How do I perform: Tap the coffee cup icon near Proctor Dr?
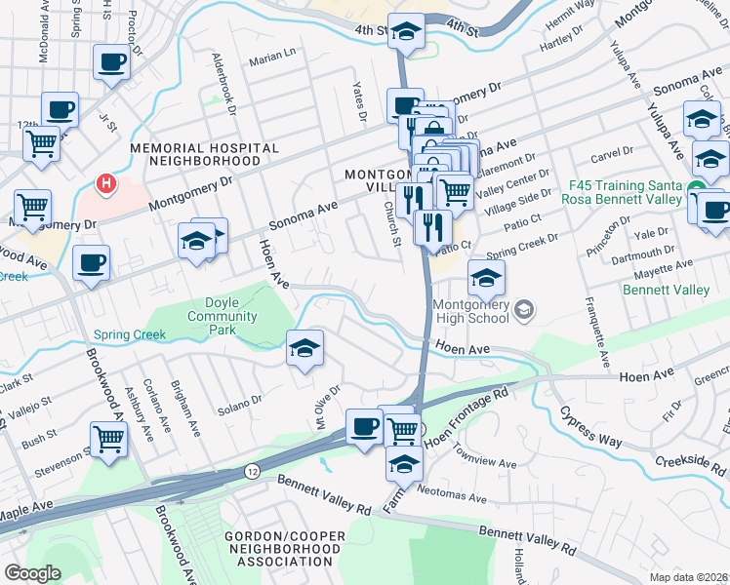tap(110, 63)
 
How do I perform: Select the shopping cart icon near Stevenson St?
tap(108, 439)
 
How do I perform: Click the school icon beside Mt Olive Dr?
tap(304, 348)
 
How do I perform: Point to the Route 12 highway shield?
tap(251, 470)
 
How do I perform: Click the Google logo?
tap(32, 573)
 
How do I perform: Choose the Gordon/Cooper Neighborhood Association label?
tap(283, 550)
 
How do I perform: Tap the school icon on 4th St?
tap(405, 33)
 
